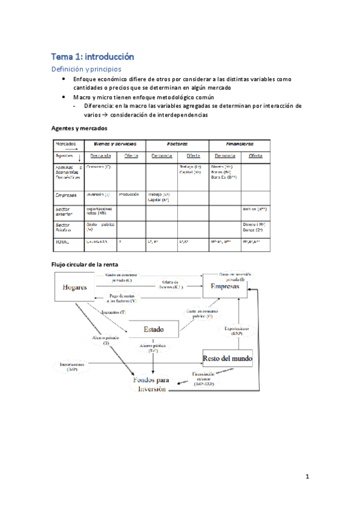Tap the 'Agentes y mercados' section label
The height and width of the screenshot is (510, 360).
(x=80, y=129)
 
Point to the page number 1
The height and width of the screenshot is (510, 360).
(x=307, y=478)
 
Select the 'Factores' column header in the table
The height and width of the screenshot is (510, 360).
(x=178, y=144)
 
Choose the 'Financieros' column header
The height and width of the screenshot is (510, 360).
(x=239, y=144)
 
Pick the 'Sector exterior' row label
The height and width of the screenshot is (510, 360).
(x=67, y=211)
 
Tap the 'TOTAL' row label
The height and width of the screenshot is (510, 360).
(x=63, y=241)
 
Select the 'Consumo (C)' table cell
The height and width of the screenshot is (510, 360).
(x=98, y=167)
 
